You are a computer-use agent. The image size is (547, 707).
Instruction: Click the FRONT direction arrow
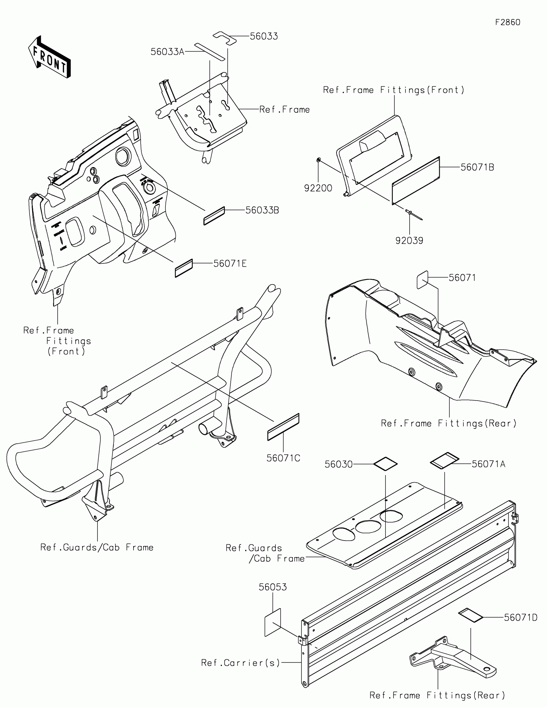pos(50,57)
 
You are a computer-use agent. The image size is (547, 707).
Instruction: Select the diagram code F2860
pos(507,22)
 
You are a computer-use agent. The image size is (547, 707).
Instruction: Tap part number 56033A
pos(167,52)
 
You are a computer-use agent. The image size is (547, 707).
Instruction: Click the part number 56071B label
pos(477,167)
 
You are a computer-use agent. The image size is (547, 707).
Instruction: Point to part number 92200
pos(318,188)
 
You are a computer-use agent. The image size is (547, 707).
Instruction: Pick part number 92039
pos(409,240)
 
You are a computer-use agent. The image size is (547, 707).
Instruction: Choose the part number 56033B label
pos(262,211)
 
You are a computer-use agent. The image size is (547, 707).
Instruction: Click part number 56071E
pos(230,263)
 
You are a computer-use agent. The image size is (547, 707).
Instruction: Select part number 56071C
pos(283,458)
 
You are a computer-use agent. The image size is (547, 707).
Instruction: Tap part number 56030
pos(338,464)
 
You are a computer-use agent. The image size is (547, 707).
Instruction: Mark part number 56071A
pos(488,464)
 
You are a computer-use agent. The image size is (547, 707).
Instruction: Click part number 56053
pos(273,587)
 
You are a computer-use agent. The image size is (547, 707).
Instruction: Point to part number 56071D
pos(521,617)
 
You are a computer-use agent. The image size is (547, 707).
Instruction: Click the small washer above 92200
pos(319,160)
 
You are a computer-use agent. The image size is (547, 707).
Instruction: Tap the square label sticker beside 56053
pos(273,622)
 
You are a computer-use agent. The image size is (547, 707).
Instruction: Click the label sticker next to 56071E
pos(184,269)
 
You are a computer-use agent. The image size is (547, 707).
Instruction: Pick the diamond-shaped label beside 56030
pos(385,464)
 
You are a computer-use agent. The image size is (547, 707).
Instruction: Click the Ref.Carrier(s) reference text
pos(240,663)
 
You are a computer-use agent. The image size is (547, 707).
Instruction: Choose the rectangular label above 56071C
pos(283,427)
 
